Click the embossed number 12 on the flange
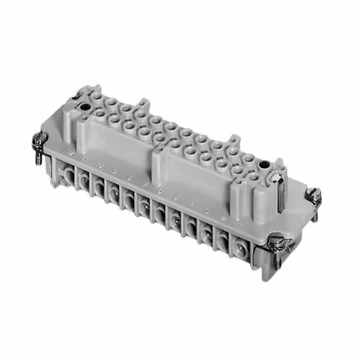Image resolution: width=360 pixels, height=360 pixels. pos(70,152)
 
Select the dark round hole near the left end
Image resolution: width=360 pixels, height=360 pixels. pos(85,106)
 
